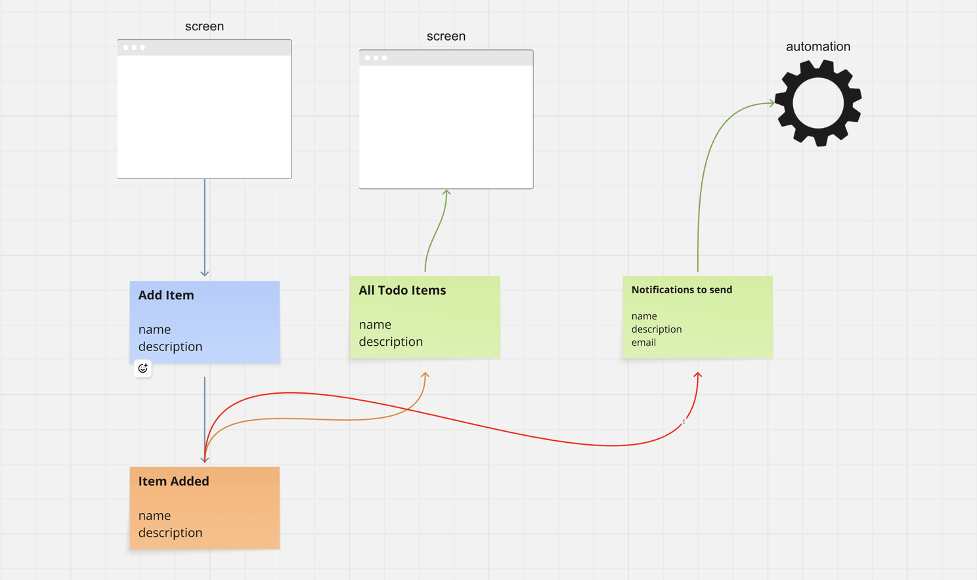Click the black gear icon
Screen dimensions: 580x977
click(x=818, y=103)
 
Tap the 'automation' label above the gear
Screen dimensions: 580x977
click(x=818, y=47)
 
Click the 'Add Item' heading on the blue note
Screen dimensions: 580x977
click(x=166, y=295)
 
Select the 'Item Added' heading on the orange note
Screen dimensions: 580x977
click(x=173, y=482)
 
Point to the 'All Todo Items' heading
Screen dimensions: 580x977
click(x=402, y=291)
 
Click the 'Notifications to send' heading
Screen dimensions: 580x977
click(x=682, y=290)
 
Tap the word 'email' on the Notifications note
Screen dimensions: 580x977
click(x=643, y=342)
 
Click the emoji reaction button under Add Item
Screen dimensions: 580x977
click(x=142, y=369)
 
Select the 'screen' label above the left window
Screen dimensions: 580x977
click(x=204, y=26)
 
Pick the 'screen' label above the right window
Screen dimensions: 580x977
click(x=446, y=37)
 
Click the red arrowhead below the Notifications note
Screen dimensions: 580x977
click(x=698, y=375)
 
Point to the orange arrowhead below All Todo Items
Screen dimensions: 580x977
click(x=425, y=375)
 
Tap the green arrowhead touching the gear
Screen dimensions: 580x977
click(x=771, y=103)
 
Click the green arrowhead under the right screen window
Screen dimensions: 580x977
click(x=446, y=193)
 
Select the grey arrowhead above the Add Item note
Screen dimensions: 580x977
click(x=205, y=273)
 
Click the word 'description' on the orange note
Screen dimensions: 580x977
click(x=170, y=533)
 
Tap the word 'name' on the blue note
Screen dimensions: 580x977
click(x=154, y=329)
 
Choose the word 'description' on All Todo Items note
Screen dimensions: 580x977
click(x=391, y=342)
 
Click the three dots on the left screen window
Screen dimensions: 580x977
click(x=134, y=48)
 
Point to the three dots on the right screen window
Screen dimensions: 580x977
click(x=376, y=58)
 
